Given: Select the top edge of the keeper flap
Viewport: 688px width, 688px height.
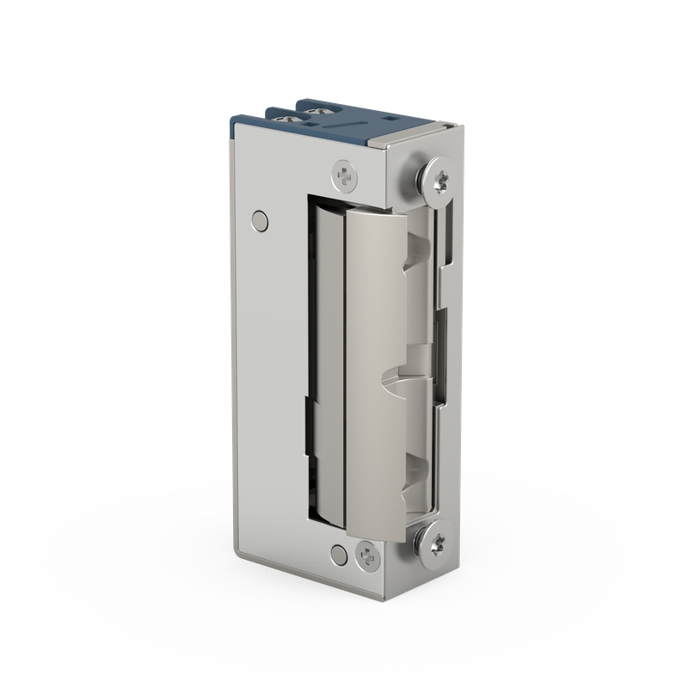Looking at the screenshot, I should click(378, 213).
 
